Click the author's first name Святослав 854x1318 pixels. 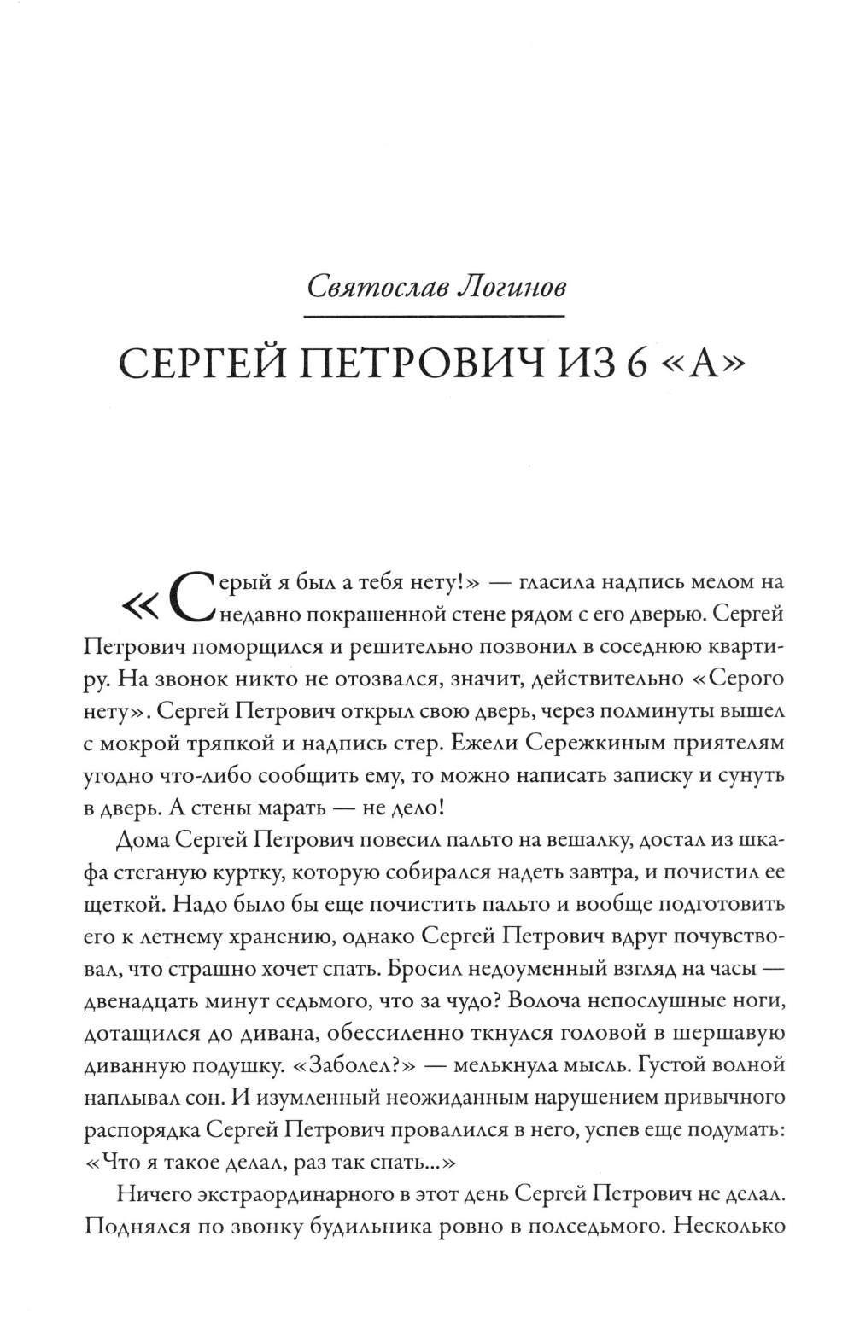point(372,287)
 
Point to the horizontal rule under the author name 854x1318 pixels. point(436,316)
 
